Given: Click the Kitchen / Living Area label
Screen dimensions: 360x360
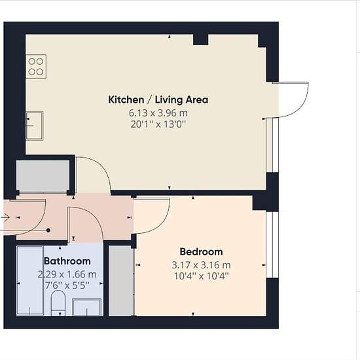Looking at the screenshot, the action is pyautogui.click(x=158, y=99).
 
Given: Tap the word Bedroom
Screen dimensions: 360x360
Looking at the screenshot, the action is pyautogui.click(x=201, y=252).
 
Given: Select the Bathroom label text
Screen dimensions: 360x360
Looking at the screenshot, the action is pyautogui.click(x=67, y=261).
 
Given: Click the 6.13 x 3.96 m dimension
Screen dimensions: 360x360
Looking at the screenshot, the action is pyautogui.click(x=158, y=113).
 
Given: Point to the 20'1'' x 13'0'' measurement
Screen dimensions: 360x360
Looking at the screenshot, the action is pyautogui.click(x=158, y=124).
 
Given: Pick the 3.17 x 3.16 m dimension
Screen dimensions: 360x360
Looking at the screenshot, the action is pyautogui.click(x=201, y=265).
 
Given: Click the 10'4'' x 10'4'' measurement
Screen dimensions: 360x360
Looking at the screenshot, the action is pyautogui.click(x=201, y=276).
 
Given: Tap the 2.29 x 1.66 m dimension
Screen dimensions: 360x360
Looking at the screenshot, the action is pyautogui.click(x=67, y=274).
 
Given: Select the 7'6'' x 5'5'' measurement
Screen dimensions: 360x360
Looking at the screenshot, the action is pyautogui.click(x=67, y=285).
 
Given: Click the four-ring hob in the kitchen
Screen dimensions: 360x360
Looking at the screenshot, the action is pyautogui.click(x=36, y=67).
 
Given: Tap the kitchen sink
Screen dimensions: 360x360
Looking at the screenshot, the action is pyautogui.click(x=35, y=126).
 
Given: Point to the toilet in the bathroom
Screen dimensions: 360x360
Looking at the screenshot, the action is pyautogui.click(x=58, y=303).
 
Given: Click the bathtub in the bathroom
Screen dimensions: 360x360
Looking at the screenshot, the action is pyautogui.click(x=30, y=281).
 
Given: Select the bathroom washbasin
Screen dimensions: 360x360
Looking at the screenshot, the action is pyautogui.click(x=87, y=307).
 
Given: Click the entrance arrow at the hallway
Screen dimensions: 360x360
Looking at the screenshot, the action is pyautogui.click(x=5, y=217).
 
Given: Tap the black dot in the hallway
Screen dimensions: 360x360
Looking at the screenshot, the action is pyautogui.click(x=48, y=230).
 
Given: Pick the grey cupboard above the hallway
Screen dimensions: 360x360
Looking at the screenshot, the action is pyautogui.click(x=43, y=175).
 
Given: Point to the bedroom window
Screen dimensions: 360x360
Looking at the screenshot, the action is pyautogui.click(x=272, y=245).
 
